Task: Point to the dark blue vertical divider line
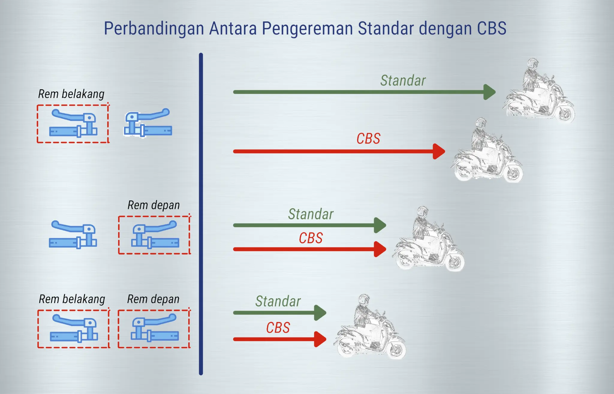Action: point(201,214)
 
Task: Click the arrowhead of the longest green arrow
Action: point(490,92)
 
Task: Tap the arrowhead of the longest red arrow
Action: point(439,151)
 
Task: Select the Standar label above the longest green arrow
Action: point(403,80)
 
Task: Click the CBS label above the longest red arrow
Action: point(368,139)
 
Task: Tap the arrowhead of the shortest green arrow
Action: point(320,313)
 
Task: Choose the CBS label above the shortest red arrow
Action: point(278,328)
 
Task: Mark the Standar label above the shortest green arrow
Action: point(278,301)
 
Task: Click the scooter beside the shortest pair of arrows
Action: point(370,327)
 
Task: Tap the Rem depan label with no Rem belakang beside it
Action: point(153,205)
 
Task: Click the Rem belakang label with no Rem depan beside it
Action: point(71,94)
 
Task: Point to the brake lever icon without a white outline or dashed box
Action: point(73,235)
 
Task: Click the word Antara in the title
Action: point(233,28)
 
